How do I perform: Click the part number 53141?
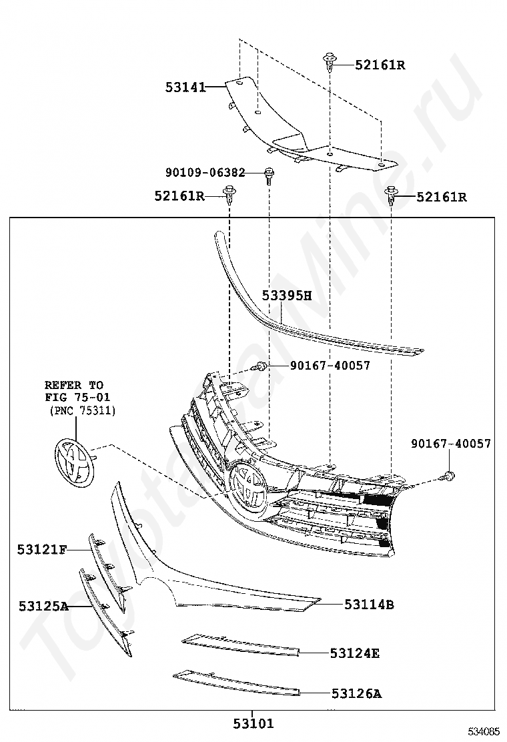pos(185,87)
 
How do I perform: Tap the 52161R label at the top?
pos(380,65)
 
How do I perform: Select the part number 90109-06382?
pos(205,172)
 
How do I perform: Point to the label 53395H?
pos(286,296)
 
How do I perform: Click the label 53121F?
pos(42,549)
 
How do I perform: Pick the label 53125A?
pos(43,606)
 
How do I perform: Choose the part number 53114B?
pos(369,605)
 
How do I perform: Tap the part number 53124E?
pos(354,653)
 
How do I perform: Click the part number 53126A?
pos(356,694)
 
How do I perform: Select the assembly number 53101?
pos(253,723)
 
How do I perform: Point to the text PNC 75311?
pos(83,411)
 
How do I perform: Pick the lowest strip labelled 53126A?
pos(237,684)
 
